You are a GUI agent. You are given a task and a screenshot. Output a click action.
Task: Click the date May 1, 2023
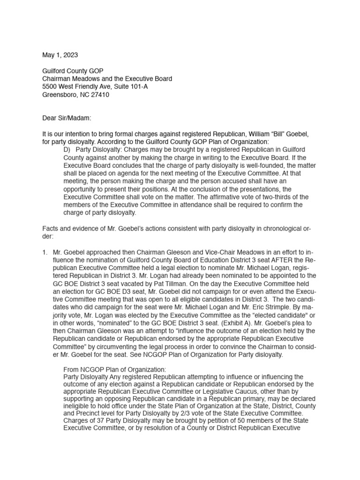[59, 55]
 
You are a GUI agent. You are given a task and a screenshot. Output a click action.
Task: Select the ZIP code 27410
[100, 95]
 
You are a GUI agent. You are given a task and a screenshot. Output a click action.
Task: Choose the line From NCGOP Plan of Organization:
[114, 369]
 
